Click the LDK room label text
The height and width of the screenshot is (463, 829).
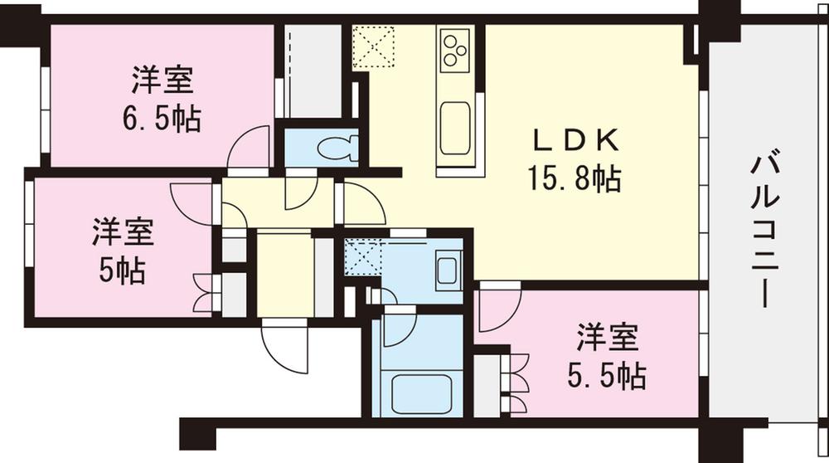coord(577,141)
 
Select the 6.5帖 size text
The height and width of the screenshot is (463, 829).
coord(162,119)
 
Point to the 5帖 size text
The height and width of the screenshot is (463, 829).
coord(122,270)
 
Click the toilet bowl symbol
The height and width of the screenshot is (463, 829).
coord(337,148)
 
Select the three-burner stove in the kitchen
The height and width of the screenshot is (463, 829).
coord(455,49)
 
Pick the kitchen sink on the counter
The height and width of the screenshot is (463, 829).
coord(455,129)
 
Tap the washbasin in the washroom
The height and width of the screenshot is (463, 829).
coord(447,270)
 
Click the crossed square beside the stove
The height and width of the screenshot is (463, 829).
coord(373,46)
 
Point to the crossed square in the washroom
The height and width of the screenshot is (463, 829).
coord(361,256)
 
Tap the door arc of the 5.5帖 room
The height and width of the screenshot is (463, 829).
coord(500,307)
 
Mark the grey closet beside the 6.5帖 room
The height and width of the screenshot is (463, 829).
coord(313,71)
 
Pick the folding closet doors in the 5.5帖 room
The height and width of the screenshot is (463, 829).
coord(517,384)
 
